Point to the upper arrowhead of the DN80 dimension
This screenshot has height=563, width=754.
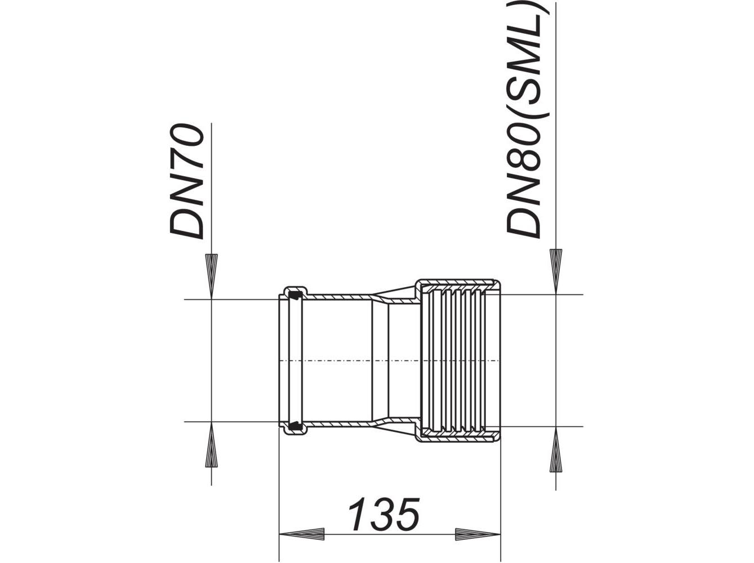tap(556, 270)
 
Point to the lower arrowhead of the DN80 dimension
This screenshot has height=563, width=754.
tap(556, 450)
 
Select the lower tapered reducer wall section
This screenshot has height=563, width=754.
tap(394, 425)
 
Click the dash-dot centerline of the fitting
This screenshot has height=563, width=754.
tap(394, 360)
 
